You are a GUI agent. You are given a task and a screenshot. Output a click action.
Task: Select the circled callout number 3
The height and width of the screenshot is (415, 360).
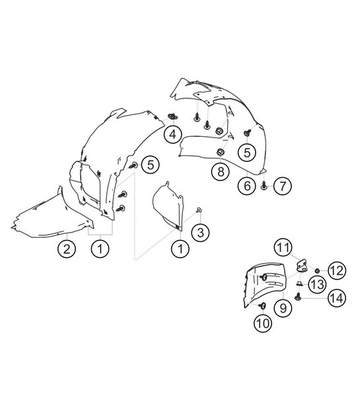(199, 232)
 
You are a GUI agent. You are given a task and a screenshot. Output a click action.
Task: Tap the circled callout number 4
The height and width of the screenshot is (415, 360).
(172, 135)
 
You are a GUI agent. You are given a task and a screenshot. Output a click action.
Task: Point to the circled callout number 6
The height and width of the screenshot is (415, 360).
(247, 186)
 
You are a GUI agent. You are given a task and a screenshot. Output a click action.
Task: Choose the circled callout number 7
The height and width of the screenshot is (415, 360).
(282, 186)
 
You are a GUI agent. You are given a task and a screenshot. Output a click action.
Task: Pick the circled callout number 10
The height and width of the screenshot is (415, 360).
(263, 322)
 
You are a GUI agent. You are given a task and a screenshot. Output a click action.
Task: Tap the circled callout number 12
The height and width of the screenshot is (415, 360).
(337, 270)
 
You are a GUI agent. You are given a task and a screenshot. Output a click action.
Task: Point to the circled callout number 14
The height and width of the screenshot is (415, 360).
(337, 298)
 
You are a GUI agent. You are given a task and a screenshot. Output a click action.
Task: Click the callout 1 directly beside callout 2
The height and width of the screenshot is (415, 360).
(100, 249)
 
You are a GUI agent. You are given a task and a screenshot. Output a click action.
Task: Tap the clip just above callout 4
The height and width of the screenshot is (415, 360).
(173, 118)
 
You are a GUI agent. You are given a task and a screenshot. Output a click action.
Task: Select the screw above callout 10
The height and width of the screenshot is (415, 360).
(263, 305)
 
